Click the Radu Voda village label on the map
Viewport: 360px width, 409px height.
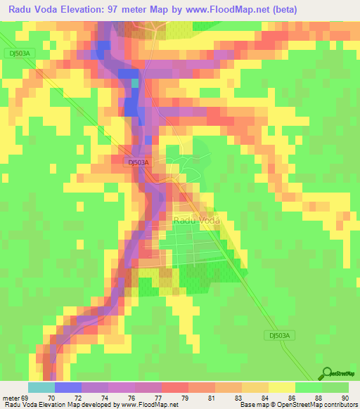tap(196, 220)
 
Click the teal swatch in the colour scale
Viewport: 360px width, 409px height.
tap(41, 387)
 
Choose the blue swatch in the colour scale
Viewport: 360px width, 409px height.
tap(68, 387)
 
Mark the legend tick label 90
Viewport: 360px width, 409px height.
tap(345, 397)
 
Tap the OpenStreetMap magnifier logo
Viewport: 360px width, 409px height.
tap(327, 373)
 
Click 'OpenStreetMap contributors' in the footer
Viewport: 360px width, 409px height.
tap(323, 405)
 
